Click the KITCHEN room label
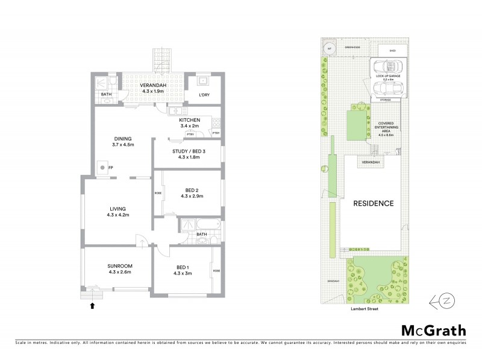point(189,120)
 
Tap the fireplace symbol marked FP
point(103,167)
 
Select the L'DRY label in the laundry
point(204,96)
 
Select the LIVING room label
point(117,208)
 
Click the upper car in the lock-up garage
point(384,66)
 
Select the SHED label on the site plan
point(393,51)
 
